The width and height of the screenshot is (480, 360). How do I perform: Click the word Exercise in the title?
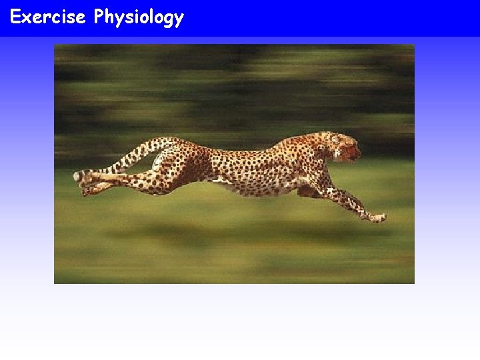coord(47,17)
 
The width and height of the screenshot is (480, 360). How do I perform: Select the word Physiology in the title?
coord(139,17)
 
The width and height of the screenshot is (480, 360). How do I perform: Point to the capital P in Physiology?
coord(100,17)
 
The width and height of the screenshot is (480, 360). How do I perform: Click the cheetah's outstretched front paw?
coord(378,217)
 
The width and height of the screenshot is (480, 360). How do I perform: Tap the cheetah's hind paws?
coord(84,180)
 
